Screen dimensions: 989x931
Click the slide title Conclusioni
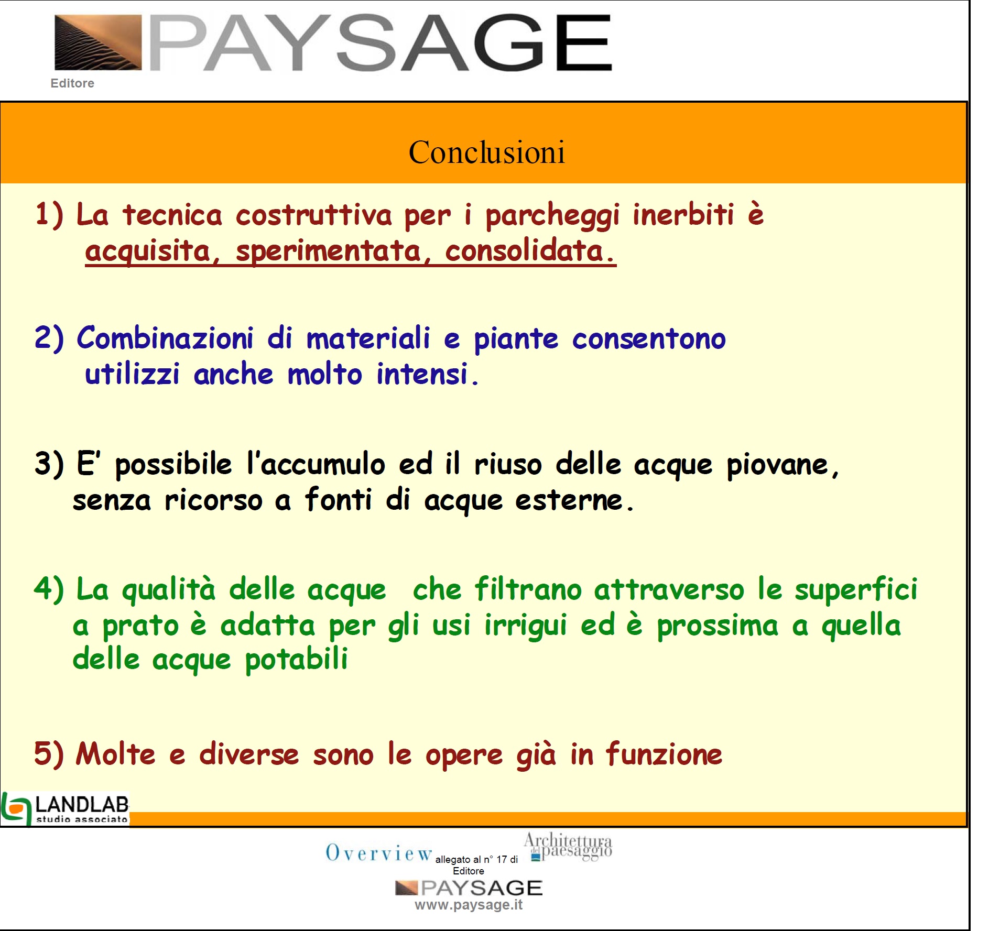[x=486, y=152]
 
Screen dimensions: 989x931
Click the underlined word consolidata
[x=530, y=250]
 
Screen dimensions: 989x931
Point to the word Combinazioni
[x=165, y=338]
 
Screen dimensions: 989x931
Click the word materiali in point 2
[x=368, y=338]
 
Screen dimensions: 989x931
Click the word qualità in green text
[x=169, y=589]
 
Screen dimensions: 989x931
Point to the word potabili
[x=296, y=660]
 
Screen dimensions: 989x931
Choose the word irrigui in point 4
[x=526, y=626]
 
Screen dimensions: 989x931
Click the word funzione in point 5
[x=664, y=754]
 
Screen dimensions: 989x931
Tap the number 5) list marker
[x=49, y=754]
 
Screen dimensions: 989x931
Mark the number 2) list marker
[x=49, y=338]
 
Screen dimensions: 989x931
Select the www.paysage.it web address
[x=469, y=905]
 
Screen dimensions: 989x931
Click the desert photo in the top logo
[x=98, y=42]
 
